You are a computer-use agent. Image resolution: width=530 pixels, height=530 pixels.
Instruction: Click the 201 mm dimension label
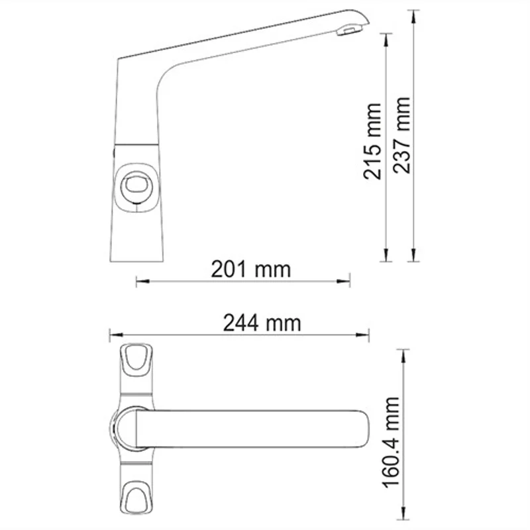click(250, 269)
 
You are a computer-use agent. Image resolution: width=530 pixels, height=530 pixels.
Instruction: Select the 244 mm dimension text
click(262, 323)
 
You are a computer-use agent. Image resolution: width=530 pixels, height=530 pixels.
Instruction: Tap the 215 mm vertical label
click(373, 141)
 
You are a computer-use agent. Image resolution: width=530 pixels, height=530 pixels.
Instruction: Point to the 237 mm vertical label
click(401, 135)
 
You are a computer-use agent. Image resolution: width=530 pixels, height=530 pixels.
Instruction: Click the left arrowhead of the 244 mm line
click(113, 335)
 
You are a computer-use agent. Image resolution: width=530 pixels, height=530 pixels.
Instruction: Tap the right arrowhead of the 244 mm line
click(365, 335)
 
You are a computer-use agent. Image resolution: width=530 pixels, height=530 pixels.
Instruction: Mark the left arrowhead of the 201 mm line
click(139, 282)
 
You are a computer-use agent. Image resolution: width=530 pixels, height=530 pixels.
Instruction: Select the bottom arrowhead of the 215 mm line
click(387, 254)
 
